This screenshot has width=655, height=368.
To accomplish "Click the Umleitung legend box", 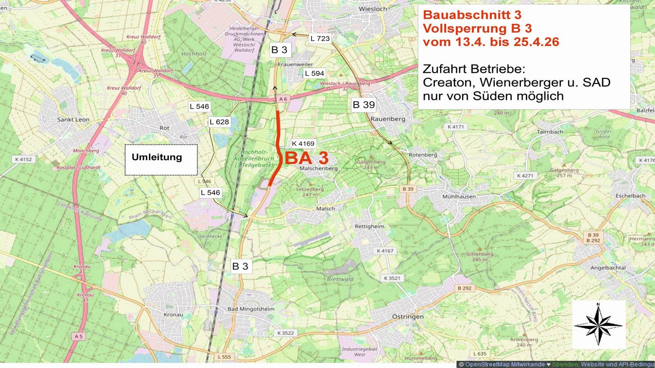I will click(x=161, y=160).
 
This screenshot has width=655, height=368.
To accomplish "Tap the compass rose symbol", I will click(x=598, y=324).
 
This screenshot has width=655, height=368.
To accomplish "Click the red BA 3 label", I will click(x=306, y=158).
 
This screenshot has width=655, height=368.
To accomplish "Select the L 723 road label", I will click(x=320, y=38).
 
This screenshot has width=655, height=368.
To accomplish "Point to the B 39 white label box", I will click(x=364, y=105).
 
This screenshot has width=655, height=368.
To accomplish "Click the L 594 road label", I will click(x=314, y=73).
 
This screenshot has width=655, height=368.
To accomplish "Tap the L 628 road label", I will click(x=219, y=122).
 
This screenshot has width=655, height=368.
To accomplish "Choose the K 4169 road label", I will click(x=303, y=143).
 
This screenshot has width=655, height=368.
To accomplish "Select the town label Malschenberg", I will click(x=319, y=168).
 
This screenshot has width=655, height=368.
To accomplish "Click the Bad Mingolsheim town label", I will click(x=251, y=309).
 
